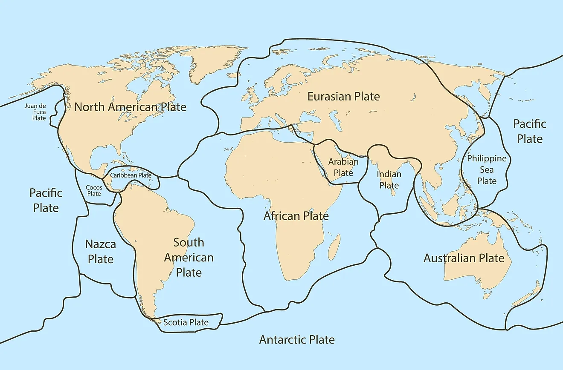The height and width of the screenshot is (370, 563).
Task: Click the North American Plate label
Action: tap(130, 107)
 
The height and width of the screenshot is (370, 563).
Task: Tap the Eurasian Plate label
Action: tap(343, 97)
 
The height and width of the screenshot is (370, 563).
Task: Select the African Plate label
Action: tap(296, 216)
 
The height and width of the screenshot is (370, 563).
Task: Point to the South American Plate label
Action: tap(189, 257)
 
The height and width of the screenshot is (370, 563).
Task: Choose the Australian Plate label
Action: tap(464, 258)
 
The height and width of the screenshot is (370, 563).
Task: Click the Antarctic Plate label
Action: tap(297, 340)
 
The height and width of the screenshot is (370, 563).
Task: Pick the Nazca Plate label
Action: tap(100, 252)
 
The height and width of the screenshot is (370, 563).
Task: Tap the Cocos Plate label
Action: tap(94, 190)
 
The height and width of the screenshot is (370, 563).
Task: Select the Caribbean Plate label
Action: tap(131, 175)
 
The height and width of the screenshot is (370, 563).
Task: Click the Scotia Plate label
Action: tap(186, 322)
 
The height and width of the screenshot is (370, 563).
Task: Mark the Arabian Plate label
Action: tap(343, 167)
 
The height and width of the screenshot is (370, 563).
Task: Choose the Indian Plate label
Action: tap(389, 180)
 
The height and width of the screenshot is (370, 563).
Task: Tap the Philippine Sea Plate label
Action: tap(487, 169)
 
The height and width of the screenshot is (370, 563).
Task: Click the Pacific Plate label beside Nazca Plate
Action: tap(46, 200)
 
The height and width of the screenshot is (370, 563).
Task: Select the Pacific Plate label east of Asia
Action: tap(529, 131)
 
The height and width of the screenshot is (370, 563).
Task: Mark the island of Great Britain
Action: tap(252, 95)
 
